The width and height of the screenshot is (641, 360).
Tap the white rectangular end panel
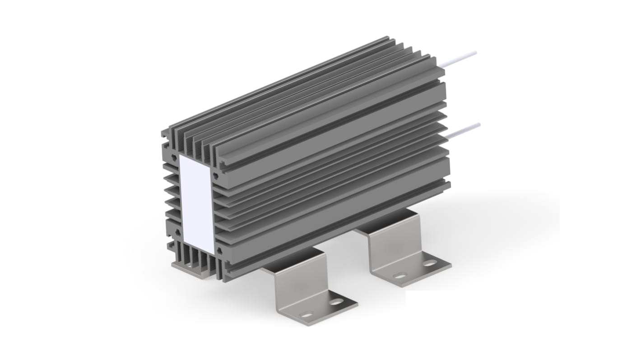click(x=196, y=203)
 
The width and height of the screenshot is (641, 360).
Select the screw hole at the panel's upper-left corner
click(x=173, y=157)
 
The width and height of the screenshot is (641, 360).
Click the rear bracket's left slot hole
click(x=399, y=275)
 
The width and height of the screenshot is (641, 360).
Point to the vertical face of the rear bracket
click(x=384, y=246)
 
